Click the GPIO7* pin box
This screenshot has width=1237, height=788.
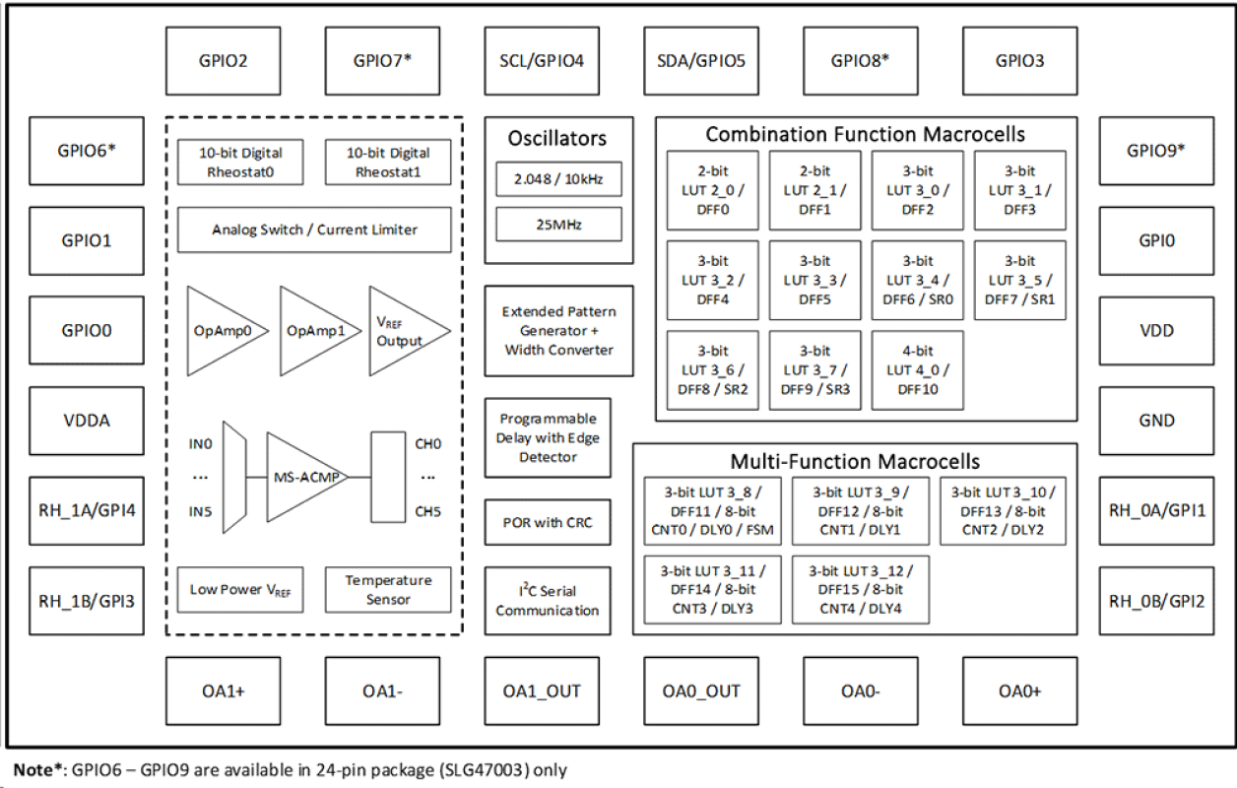382,61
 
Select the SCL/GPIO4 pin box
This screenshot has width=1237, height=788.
542,61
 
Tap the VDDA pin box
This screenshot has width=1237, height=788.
87,421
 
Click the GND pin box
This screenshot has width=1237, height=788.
1156,421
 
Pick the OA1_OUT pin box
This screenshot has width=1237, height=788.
542,691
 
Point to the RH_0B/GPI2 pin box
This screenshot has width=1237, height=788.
1156,601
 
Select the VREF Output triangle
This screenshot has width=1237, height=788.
402,331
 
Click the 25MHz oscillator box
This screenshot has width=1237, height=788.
558,225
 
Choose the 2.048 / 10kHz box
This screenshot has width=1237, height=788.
558,179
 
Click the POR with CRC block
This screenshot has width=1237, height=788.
548,523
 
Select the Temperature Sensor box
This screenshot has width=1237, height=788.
388,590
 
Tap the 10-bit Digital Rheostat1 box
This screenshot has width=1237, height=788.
388,162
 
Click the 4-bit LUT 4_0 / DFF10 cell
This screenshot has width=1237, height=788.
917,370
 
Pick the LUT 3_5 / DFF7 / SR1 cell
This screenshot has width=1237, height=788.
1019,281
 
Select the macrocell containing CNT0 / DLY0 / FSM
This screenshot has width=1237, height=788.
709,511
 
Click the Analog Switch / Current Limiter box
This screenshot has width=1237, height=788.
314,230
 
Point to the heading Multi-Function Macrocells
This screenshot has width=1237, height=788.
855,461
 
